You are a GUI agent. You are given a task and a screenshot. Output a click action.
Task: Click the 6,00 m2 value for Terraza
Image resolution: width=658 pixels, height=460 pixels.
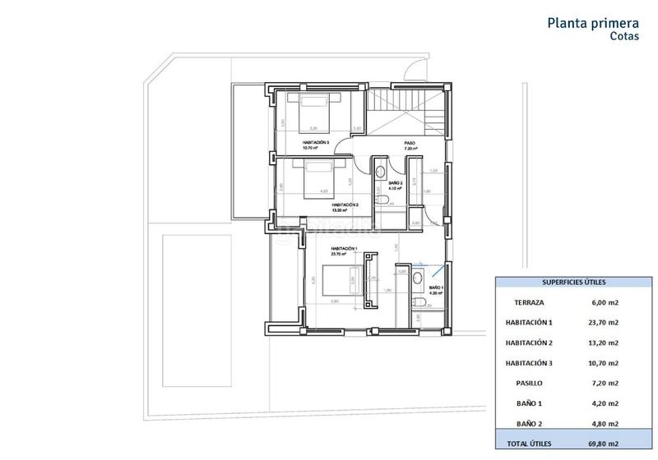[605, 301]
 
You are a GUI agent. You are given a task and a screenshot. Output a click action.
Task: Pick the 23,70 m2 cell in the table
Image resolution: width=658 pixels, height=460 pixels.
[605, 322]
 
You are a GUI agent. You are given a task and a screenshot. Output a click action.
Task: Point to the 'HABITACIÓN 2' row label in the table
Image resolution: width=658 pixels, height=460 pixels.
[529, 342]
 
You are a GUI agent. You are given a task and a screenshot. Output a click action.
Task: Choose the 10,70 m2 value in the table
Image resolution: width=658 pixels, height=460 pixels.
[605, 362]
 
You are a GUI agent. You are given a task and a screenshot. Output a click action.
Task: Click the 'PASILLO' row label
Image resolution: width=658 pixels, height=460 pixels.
[529, 382]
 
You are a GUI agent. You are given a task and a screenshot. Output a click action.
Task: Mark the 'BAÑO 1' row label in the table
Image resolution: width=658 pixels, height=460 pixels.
[529, 402]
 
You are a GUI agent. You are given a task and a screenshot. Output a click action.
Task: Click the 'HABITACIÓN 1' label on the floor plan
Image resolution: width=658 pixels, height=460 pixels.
[343, 248]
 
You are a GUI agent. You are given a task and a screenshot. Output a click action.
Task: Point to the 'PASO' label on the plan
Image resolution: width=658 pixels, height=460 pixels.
[409, 143]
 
